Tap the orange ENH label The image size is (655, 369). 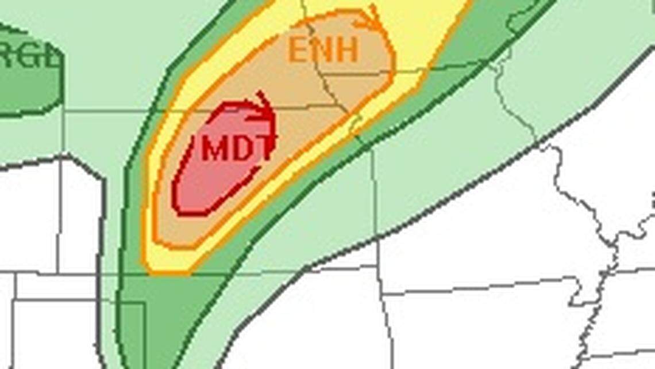pos(323,50)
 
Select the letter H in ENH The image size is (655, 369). pos(347,50)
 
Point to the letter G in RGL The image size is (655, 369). pos(30,58)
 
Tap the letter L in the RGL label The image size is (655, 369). pos(53,58)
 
